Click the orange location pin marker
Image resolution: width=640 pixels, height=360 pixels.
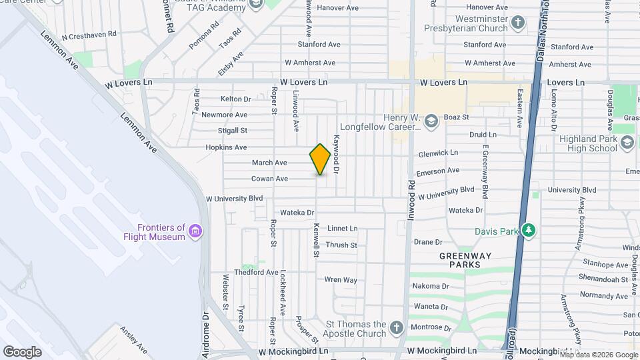[x=320, y=159]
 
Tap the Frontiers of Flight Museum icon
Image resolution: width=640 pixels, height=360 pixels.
[x=196, y=231]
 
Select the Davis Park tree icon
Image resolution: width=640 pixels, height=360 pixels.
[x=529, y=230]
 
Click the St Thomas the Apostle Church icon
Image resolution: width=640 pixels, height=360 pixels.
[x=397, y=327]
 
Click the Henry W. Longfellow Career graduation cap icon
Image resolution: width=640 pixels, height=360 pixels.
[x=431, y=121]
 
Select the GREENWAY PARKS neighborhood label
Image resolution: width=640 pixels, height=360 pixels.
[x=465, y=260]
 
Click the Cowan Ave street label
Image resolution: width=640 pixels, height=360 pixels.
[x=269, y=179]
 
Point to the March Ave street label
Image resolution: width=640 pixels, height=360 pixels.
[x=269, y=163]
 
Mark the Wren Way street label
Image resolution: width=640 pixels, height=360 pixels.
[x=341, y=280]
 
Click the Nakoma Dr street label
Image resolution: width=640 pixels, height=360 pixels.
[x=431, y=286]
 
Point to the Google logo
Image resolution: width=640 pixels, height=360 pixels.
[x=22, y=351]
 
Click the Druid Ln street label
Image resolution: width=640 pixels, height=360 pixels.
[x=483, y=135]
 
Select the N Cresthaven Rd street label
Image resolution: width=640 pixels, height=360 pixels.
[x=89, y=34]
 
